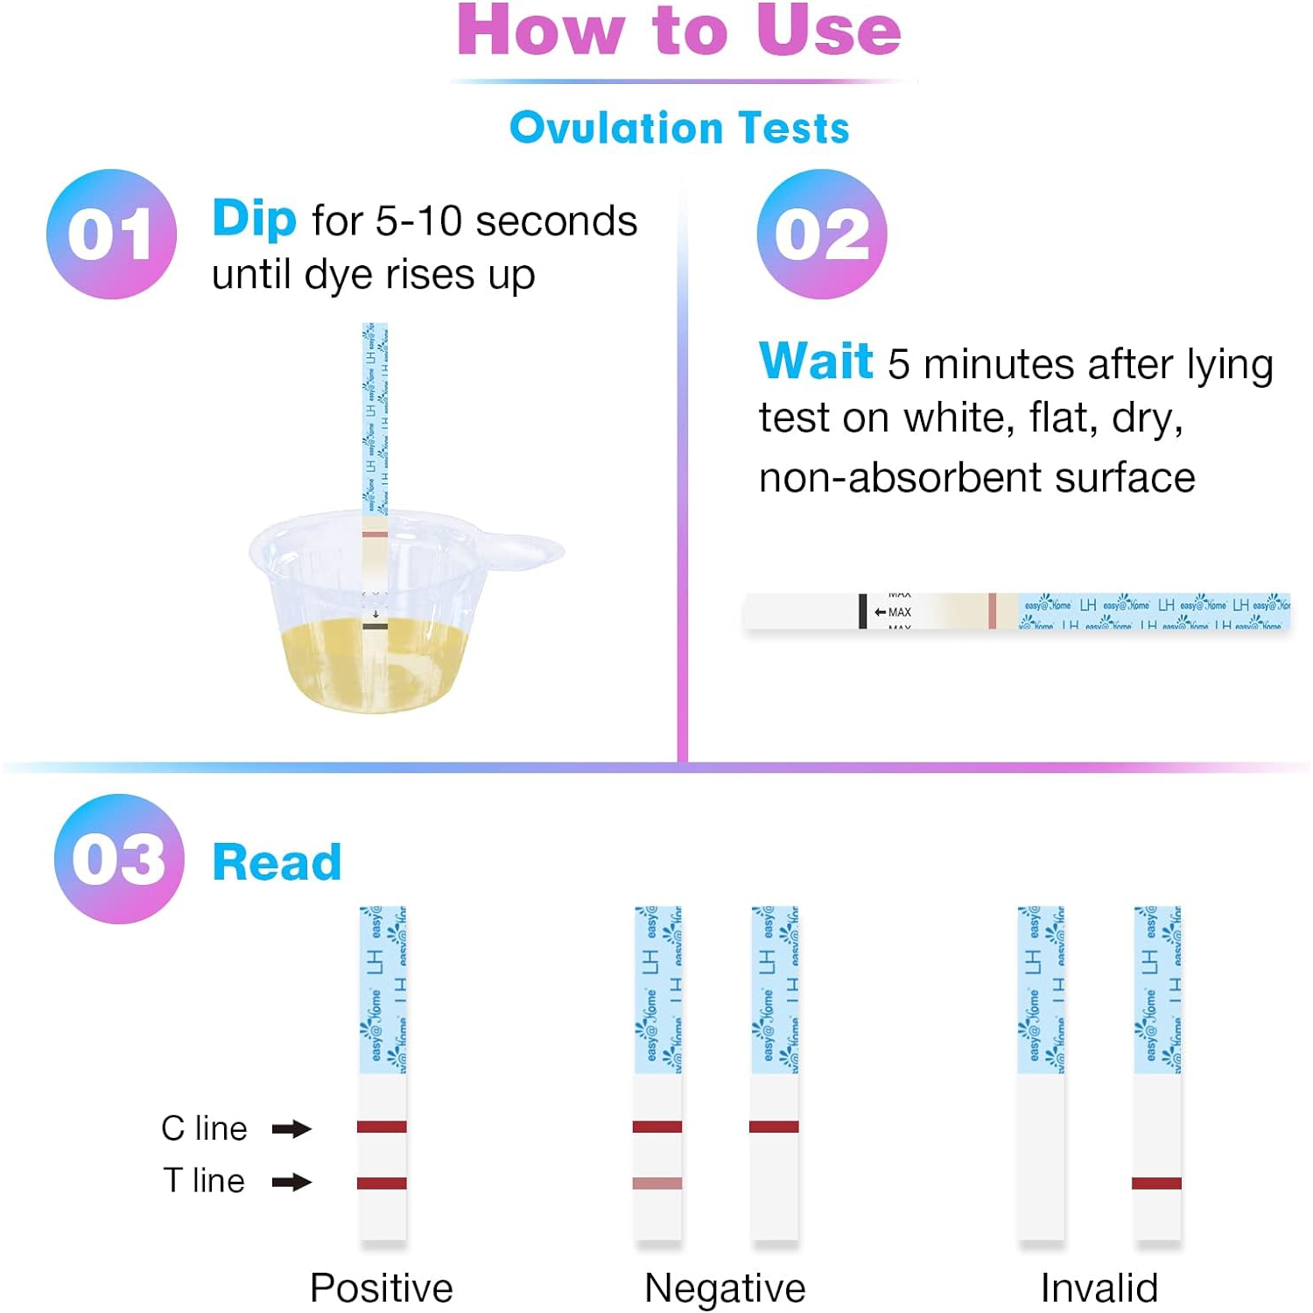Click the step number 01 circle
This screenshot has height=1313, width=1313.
[111, 234]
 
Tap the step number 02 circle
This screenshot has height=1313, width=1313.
[822, 234]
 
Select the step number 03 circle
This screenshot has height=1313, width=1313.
[119, 859]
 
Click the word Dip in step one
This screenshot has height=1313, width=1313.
[254, 219]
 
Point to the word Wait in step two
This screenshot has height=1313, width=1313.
[816, 361]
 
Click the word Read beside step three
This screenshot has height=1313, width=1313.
[277, 862]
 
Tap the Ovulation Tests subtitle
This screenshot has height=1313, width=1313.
[679, 128]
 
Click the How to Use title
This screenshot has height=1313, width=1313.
[679, 32]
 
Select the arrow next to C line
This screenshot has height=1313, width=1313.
[291, 1129]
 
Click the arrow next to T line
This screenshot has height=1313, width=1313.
[291, 1183]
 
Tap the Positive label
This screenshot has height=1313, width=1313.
[382, 1288]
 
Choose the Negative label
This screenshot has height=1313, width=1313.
[725, 1288]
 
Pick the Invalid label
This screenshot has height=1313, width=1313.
[1099, 1288]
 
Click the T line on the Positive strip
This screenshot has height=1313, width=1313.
[382, 1183]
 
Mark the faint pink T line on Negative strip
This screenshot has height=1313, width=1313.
[657, 1183]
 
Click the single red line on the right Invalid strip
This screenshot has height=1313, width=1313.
[1156, 1183]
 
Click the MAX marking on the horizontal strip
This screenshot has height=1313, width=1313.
[899, 612]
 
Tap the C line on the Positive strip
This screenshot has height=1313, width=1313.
[382, 1127]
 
